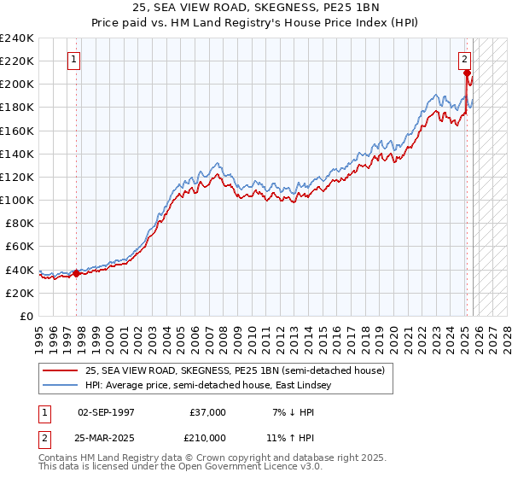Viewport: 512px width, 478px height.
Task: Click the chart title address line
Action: pyautogui.click(x=257, y=9)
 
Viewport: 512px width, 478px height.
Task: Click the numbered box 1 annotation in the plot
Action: pyautogui.click(x=75, y=60)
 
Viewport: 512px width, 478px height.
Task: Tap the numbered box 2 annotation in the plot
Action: pyautogui.click(x=465, y=60)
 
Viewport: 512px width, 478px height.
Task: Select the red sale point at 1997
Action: pyautogui.click(x=76, y=273)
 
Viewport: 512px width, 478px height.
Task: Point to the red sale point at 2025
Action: pyautogui.click(x=467, y=73)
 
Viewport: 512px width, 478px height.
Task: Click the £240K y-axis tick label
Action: pyautogui.click(x=16, y=38)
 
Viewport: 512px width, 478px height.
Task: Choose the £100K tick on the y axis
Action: pyautogui.click(x=16, y=200)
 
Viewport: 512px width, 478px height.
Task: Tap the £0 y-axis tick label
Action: pyautogui.click(x=26, y=316)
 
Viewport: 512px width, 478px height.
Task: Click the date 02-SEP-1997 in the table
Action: pyautogui.click(x=106, y=412)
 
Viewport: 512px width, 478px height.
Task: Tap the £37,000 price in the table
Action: pyautogui.click(x=207, y=412)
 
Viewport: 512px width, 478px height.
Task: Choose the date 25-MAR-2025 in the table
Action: pyautogui.click(x=106, y=436)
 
